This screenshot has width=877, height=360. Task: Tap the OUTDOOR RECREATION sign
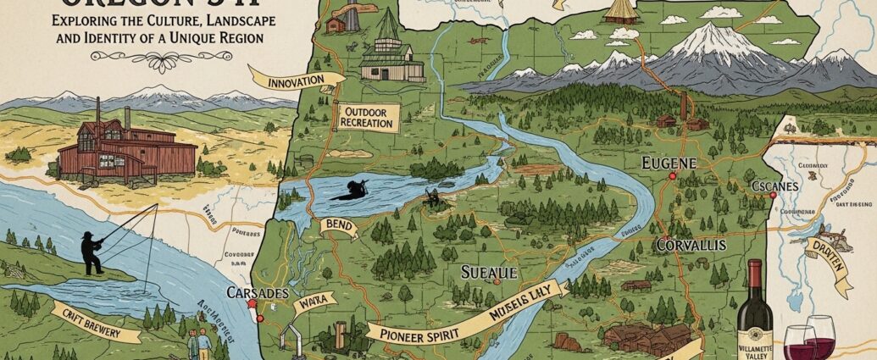(368, 118)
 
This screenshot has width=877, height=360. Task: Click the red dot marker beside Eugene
(672, 177)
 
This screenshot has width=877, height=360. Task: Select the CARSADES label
(253, 293)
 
